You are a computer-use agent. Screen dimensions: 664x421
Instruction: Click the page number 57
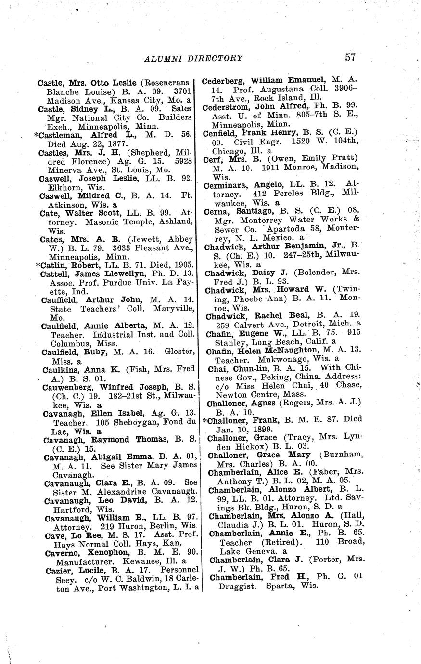coord(350,57)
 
